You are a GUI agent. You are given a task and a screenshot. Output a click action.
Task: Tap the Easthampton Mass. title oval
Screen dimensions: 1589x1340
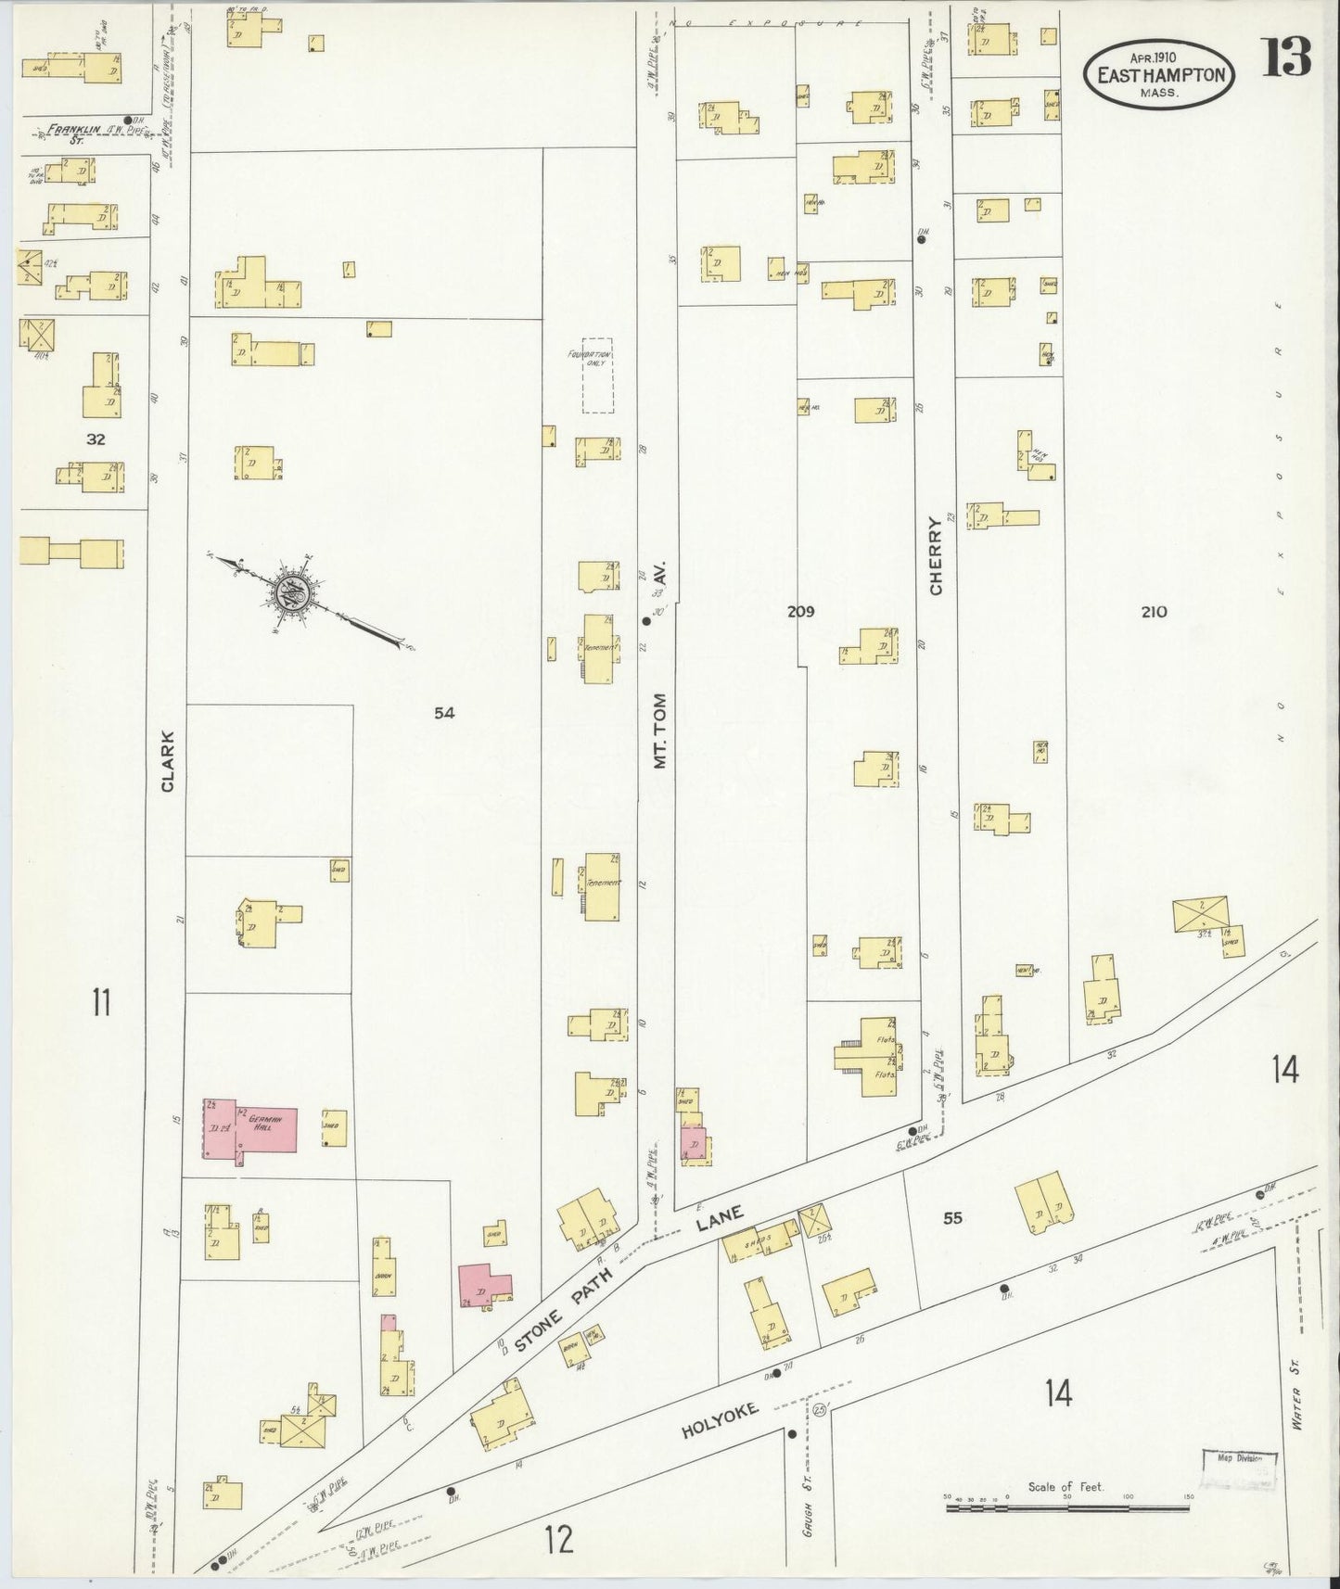(x=1160, y=78)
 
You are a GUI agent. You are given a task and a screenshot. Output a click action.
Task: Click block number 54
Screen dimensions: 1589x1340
(x=444, y=712)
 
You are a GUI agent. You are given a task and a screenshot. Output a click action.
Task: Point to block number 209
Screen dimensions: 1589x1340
(x=800, y=611)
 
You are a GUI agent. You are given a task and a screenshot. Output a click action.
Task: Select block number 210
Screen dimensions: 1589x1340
(x=1154, y=612)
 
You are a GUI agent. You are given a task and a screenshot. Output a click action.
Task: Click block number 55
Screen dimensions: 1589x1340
(x=952, y=1218)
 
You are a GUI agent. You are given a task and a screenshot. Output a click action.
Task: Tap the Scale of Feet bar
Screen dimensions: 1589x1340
(x=1066, y=1509)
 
